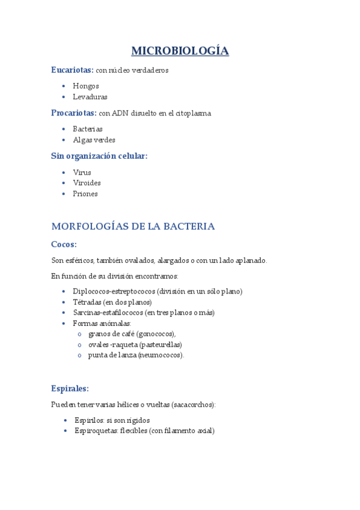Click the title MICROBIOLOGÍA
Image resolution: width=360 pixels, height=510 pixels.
180,51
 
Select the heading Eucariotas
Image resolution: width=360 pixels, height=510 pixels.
72,70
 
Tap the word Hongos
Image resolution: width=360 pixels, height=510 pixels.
86,86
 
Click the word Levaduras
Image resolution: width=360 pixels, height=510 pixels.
90,97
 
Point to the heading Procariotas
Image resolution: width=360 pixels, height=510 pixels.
73,112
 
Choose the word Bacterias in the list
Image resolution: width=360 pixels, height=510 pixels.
88,129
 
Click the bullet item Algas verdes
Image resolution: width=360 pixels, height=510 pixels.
94,140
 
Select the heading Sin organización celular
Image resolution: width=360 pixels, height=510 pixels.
99,156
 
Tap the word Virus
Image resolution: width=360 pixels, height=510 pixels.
82,172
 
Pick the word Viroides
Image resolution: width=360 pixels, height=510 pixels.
87,183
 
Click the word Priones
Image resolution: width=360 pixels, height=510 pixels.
85,194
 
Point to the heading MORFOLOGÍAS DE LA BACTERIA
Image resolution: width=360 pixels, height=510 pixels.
133,227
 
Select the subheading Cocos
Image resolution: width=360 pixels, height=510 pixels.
63,244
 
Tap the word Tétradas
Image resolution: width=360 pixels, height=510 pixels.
87,302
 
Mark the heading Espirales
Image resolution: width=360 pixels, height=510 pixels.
70,389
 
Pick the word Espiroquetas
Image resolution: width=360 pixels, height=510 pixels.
96,431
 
